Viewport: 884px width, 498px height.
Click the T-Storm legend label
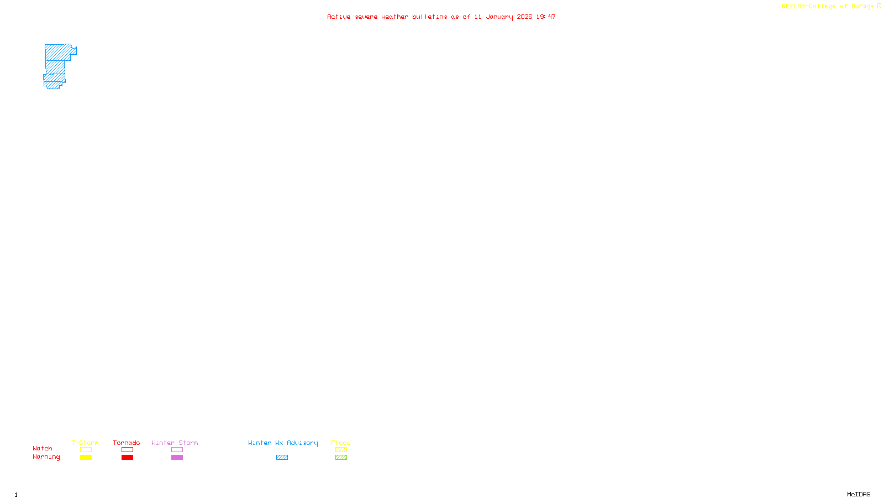85,443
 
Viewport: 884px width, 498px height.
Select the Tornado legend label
127,443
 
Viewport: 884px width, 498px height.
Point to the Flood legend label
341,443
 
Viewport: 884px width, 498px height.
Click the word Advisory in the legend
302,443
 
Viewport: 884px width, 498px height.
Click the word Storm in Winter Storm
188,443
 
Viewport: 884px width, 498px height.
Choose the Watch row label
43,448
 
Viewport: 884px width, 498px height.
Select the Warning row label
46,457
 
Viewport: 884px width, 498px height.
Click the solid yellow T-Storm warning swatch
86,458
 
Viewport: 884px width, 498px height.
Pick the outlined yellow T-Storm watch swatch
86,450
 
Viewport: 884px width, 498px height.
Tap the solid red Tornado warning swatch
128,458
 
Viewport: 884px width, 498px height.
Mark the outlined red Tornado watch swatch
128,450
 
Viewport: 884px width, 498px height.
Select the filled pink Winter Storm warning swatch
177,458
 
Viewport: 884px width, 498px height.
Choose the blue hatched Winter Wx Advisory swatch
282,458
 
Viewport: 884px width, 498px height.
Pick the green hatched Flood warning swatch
341,458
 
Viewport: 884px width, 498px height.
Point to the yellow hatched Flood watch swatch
341,450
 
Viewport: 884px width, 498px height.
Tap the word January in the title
499,17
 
